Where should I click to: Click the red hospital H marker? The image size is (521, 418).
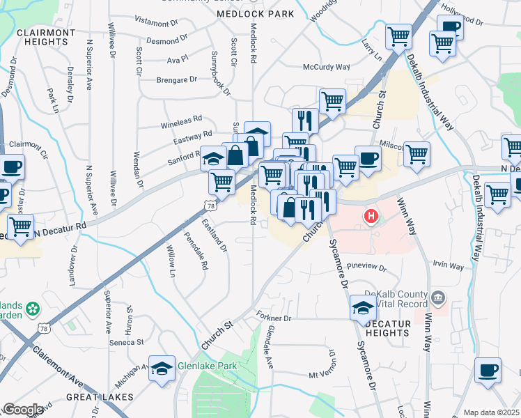[371, 217]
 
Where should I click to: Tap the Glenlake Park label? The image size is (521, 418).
[207, 366]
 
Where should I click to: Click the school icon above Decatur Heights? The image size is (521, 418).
[363, 308]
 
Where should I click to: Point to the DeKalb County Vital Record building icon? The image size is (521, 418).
[438, 298]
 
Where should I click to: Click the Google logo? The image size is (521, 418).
[23, 410]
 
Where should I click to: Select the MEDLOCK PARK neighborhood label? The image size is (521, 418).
[255, 14]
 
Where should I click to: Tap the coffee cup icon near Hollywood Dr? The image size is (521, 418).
[450, 29]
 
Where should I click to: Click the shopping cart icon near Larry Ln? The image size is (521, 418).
[399, 37]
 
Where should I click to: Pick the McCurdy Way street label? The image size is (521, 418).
[326, 67]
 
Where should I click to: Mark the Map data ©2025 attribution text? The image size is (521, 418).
[491, 412]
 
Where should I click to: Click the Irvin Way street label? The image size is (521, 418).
[447, 266]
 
